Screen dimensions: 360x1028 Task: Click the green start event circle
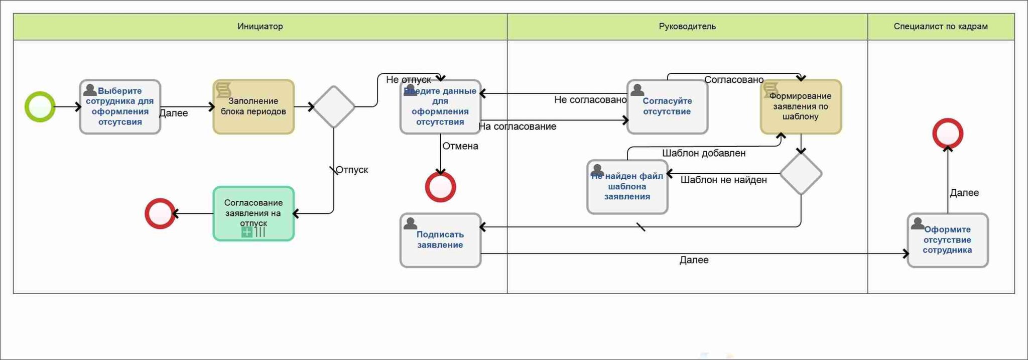click(40, 107)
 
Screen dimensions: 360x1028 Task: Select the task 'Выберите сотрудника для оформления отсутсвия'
click(120, 107)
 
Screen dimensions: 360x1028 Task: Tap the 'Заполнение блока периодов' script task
click(253, 107)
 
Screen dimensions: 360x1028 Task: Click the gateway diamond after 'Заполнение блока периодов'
click(334, 107)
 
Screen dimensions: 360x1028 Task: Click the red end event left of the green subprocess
click(160, 214)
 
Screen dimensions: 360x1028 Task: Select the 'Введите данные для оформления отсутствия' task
click(440, 107)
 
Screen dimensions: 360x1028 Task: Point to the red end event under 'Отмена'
click(440, 187)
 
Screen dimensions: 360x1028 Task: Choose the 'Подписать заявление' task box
click(440, 240)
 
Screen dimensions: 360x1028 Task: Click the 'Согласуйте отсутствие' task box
click(667, 107)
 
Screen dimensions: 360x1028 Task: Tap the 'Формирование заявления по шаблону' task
click(801, 107)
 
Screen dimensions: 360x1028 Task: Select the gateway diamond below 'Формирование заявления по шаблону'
click(801, 174)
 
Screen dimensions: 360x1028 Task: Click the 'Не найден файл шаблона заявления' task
click(627, 187)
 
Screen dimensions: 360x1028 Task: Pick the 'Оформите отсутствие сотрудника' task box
click(947, 240)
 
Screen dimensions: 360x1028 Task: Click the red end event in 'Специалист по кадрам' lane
click(948, 134)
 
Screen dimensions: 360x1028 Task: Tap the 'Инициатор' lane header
click(260, 27)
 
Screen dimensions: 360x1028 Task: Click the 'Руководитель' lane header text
click(687, 27)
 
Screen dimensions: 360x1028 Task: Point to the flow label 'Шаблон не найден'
click(723, 180)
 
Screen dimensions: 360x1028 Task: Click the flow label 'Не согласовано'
click(590, 100)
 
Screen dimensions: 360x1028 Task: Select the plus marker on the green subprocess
click(247, 232)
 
